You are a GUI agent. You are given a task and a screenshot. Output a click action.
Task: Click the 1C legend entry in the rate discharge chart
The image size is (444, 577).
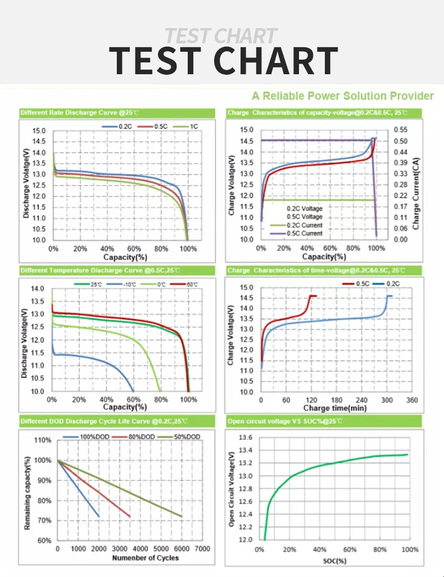[194, 127]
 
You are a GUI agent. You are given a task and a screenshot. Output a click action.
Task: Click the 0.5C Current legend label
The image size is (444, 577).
[305, 233]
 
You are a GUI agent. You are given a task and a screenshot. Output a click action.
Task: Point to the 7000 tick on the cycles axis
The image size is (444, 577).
[203, 548]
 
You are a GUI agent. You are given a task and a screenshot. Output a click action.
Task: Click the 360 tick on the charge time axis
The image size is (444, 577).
[412, 400]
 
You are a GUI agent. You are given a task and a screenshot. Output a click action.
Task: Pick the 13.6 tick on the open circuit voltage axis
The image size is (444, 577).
[246, 438]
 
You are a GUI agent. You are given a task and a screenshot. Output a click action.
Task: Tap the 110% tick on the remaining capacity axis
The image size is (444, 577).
[43, 440]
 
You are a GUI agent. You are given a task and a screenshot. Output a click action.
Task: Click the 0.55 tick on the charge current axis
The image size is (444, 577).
[400, 130]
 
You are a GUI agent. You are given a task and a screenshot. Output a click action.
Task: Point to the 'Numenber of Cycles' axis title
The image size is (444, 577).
[146, 557]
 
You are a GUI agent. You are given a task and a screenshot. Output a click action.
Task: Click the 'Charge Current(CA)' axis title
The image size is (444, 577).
[416, 185]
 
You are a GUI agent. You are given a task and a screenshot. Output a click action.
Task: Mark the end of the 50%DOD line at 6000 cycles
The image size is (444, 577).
[182, 516]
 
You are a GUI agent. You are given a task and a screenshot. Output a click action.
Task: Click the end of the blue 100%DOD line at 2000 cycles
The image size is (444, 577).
[99, 516]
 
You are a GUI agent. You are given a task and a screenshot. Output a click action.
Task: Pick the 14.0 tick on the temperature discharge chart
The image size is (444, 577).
[37, 289]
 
